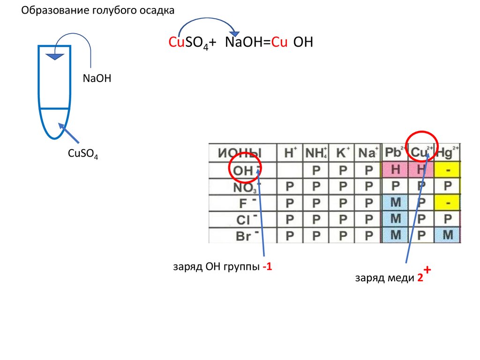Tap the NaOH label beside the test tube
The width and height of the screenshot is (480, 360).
click(97, 78)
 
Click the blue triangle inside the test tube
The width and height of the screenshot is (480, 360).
click(55, 57)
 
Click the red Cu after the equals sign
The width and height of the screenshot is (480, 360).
click(279, 43)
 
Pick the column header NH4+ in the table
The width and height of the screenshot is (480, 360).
click(316, 153)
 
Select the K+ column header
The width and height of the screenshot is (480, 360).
click(343, 153)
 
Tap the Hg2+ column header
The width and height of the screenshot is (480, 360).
click(448, 153)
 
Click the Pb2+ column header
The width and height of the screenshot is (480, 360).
click(395, 153)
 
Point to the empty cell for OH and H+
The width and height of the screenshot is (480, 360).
click(290, 170)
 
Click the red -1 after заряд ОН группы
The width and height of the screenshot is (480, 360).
click(267, 267)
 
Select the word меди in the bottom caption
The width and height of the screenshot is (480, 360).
click(400, 278)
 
